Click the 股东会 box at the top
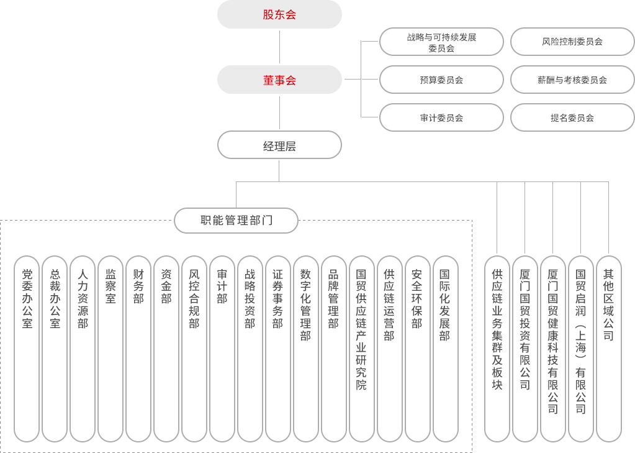[279, 14]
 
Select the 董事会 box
[279, 80]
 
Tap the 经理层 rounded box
[279, 145]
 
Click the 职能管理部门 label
[236, 221]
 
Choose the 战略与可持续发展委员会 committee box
[441, 42]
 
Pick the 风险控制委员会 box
[572, 42]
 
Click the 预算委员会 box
[441, 80]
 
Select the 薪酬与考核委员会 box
[572, 80]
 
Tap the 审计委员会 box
[441, 117]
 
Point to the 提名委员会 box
[572, 117]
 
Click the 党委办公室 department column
[27, 348]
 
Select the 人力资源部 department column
[83, 348]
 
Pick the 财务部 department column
[138, 348]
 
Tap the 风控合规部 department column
[194, 348]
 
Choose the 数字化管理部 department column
[305, 348]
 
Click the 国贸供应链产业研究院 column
[361, 348]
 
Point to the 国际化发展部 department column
[444, 348]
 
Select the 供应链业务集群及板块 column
[497, 348]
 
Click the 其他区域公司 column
[608, 348]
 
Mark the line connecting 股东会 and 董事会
[279, 47]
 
